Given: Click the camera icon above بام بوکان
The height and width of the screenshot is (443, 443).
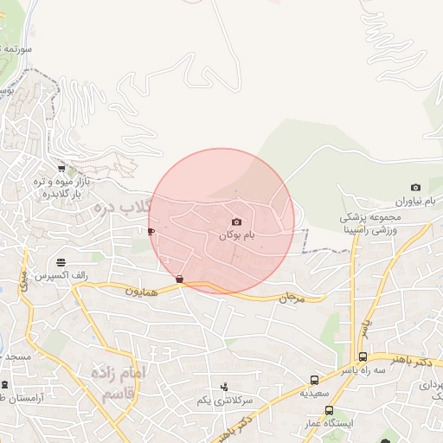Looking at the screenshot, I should [x=236, y=222].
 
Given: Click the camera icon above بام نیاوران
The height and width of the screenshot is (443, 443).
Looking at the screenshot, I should [x=415, y=188].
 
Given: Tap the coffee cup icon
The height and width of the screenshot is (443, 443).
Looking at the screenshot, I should [x=151, y=232].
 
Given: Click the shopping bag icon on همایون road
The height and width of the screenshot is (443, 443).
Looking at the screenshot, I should [x=179, y=279].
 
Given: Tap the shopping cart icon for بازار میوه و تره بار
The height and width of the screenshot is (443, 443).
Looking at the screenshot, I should [x=61, y=169].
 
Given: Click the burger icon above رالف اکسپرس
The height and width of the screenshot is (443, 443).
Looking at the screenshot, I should [x=61, y=262].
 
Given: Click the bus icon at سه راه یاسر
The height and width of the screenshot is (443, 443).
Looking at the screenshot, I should [x=363, y=356].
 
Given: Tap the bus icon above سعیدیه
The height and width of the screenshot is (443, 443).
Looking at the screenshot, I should [x=314, y=380].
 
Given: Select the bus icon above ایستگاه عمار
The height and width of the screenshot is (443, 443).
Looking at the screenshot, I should [x=329, y=410].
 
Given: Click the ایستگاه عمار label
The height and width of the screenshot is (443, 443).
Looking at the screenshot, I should [x=330, y=423].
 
